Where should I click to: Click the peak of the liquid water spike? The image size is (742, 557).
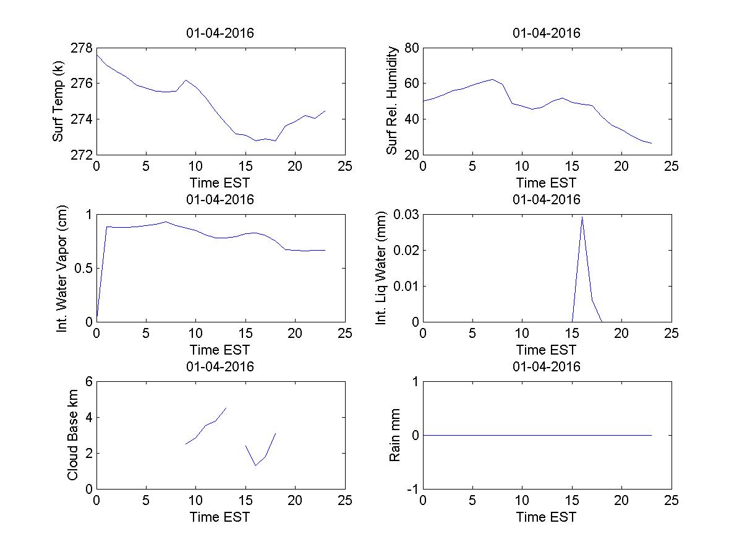tap(582, 217)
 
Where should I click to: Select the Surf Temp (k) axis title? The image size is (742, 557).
tap(59, 101)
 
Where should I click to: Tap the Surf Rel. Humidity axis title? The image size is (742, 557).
tap(392, 101)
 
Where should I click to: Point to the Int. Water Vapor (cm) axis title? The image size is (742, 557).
tap(62, 268)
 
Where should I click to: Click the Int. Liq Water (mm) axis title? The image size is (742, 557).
tap(382, 268)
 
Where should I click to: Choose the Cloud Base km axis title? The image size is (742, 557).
tap(72, 435)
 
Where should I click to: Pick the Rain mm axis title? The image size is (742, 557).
tap(394, 435)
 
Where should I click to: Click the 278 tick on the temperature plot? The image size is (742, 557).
tap(84, 48)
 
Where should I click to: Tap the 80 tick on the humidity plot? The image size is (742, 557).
tap(411, 48)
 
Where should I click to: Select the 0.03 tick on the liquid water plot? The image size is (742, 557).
tap(405, 215)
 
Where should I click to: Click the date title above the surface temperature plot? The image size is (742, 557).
tap(220, 33)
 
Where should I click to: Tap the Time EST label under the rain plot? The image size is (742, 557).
tap(547, 517)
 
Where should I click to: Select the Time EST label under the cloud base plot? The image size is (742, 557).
tap(220, 517)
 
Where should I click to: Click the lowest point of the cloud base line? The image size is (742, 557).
tap(255, 465)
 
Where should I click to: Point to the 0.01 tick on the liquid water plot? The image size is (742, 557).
tap(405, 287)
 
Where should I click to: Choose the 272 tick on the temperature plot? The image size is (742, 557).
tap(84, 154)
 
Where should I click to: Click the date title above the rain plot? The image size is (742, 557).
tap(547, 366)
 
